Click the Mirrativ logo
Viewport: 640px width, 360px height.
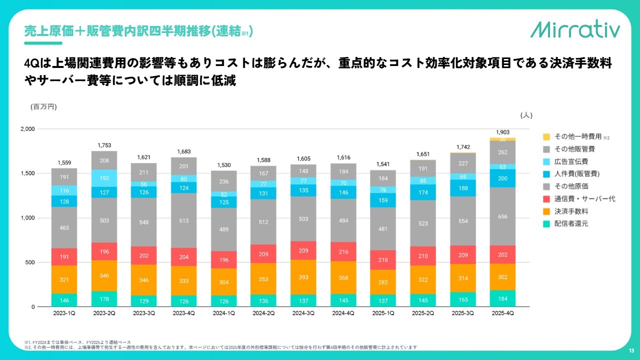575,30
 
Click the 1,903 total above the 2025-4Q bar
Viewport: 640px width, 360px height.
503,132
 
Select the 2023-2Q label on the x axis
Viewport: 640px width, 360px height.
104,313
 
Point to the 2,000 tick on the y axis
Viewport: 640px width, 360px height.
27,129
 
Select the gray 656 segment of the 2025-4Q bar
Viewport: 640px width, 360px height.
503,216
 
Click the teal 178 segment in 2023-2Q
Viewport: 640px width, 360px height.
104,299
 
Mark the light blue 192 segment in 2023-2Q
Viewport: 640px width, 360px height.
104,178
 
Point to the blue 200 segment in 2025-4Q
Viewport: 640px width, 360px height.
503,178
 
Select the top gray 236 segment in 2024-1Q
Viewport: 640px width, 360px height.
224,181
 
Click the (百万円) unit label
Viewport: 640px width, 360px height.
43,106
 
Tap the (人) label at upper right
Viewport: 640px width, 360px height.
526,115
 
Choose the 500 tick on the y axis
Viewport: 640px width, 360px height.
30,262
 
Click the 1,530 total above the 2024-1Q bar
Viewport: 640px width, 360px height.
224,165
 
